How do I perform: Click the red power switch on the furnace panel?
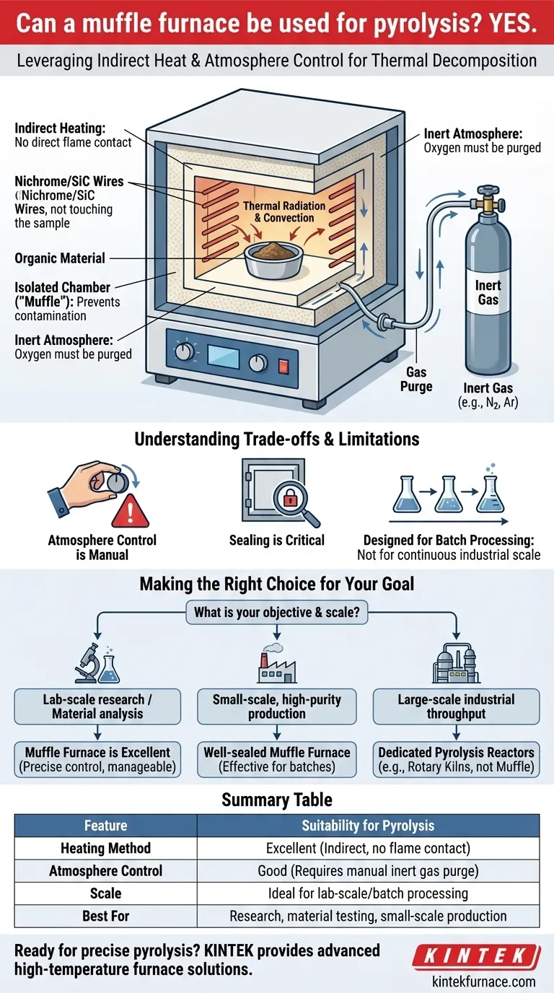coord(293,358)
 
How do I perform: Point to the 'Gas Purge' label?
coord(416,379)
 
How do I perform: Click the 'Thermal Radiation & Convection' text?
coord(284,211)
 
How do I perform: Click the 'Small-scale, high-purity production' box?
coord(277,707)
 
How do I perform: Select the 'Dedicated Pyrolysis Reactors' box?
coord(456,760)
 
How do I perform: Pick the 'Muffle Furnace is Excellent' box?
coord(97,760)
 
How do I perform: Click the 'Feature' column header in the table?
coord(105,825)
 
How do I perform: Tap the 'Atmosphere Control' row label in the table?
coord(105,870)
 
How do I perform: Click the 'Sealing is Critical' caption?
coord(277,540)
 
